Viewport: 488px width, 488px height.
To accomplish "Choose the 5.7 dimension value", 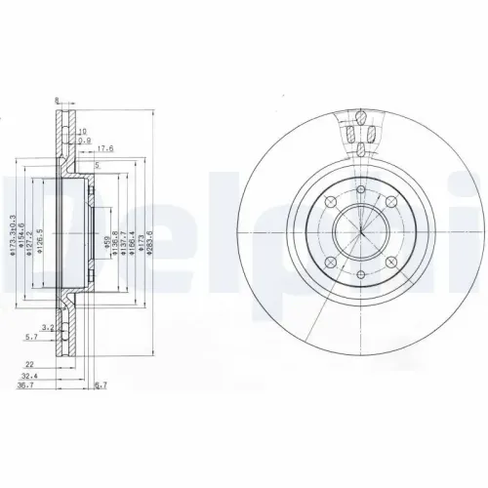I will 31,336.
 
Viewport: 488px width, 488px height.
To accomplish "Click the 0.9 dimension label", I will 85,140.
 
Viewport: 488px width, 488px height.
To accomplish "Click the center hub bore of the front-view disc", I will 360,234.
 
